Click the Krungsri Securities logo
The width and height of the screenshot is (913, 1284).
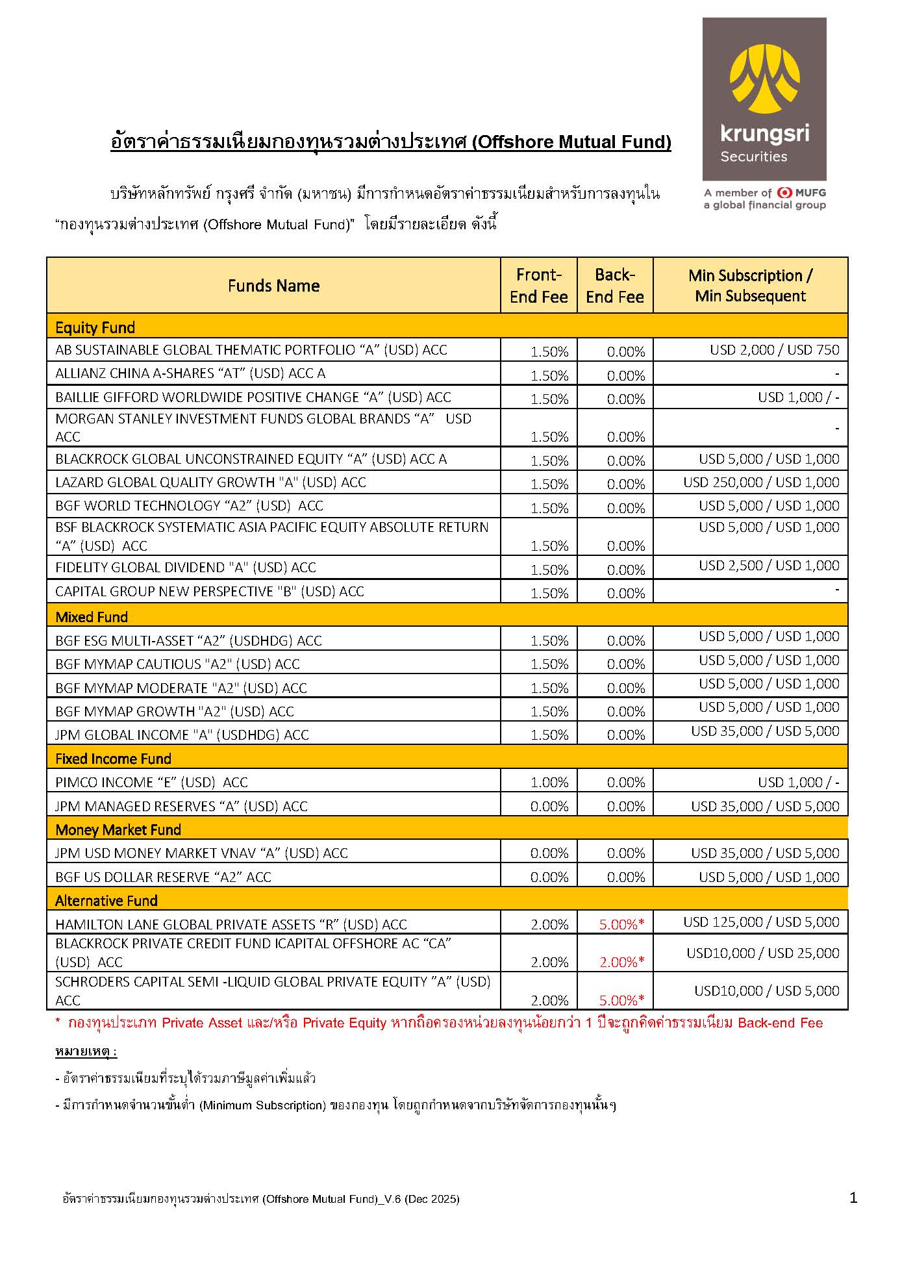(764, 99)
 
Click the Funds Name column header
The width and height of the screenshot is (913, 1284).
(273, 286)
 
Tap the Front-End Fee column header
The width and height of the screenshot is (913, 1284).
(538, 286)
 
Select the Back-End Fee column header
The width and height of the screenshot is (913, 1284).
(614, 286)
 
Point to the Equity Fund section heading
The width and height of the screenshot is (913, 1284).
(95, 327)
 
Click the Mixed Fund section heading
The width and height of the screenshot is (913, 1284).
(92, 617)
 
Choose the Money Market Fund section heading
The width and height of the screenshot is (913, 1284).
(118, 829)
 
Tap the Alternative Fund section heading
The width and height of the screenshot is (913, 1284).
(106, 900)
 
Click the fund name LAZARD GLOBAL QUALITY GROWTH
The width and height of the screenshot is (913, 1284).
(210, 483)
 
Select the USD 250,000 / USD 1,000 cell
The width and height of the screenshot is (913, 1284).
(761, 483)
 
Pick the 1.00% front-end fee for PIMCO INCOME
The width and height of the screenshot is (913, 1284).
(549, 783)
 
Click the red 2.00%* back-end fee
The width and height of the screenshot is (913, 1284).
(621, 962)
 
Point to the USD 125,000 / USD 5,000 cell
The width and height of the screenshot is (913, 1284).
(761, 922)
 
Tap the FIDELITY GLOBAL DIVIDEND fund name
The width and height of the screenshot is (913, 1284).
(186, 568)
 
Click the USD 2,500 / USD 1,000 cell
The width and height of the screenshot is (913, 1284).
(769, 566)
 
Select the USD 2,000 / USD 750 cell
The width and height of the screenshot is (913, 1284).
(774, 350)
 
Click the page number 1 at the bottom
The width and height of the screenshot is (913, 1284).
(853, 1198)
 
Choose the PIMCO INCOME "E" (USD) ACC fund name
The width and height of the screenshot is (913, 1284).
(151, 783)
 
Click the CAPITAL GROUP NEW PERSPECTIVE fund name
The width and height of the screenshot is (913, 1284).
(210, 592)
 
